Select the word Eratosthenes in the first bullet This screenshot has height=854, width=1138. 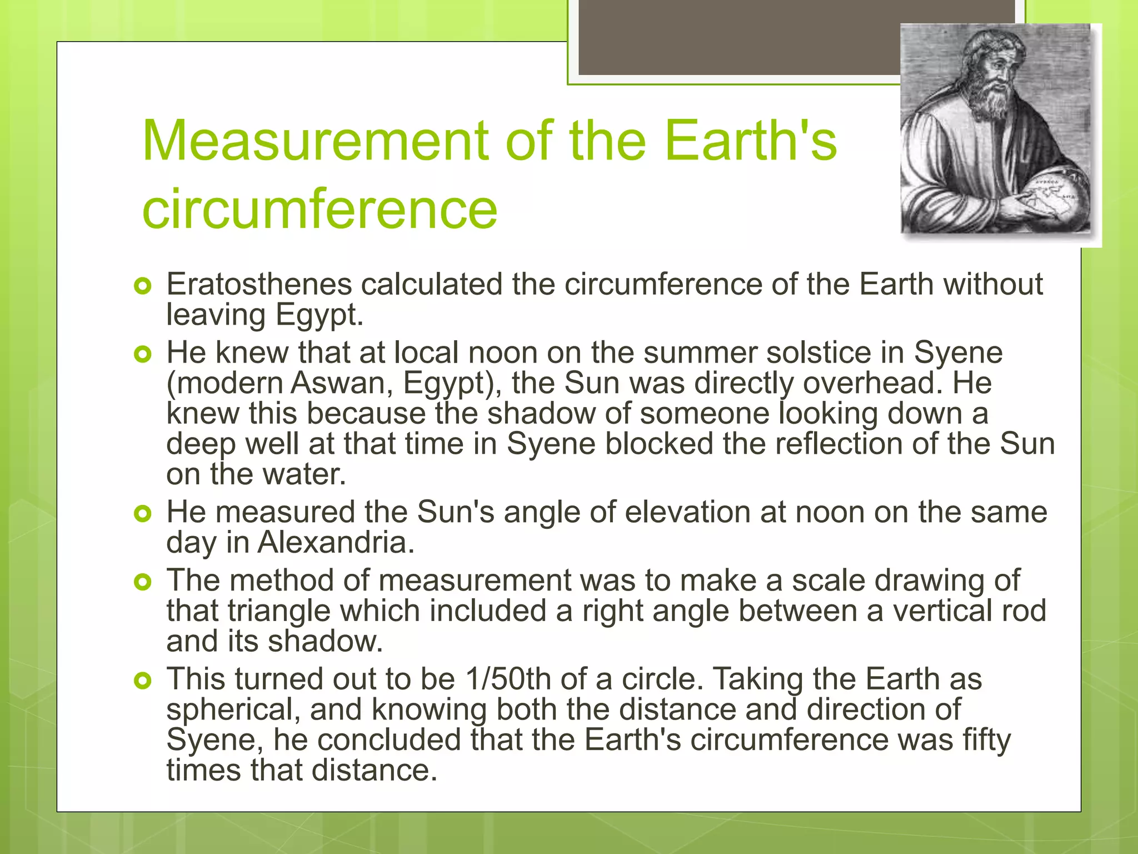[259, 284]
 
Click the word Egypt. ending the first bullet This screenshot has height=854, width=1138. [319, 315]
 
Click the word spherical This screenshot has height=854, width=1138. [233, 710]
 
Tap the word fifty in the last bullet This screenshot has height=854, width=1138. [986, 740]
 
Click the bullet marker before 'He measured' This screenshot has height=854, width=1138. [143, 514]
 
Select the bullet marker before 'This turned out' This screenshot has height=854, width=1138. [143, 681]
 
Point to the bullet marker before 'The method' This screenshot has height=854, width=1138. [143, 582]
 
